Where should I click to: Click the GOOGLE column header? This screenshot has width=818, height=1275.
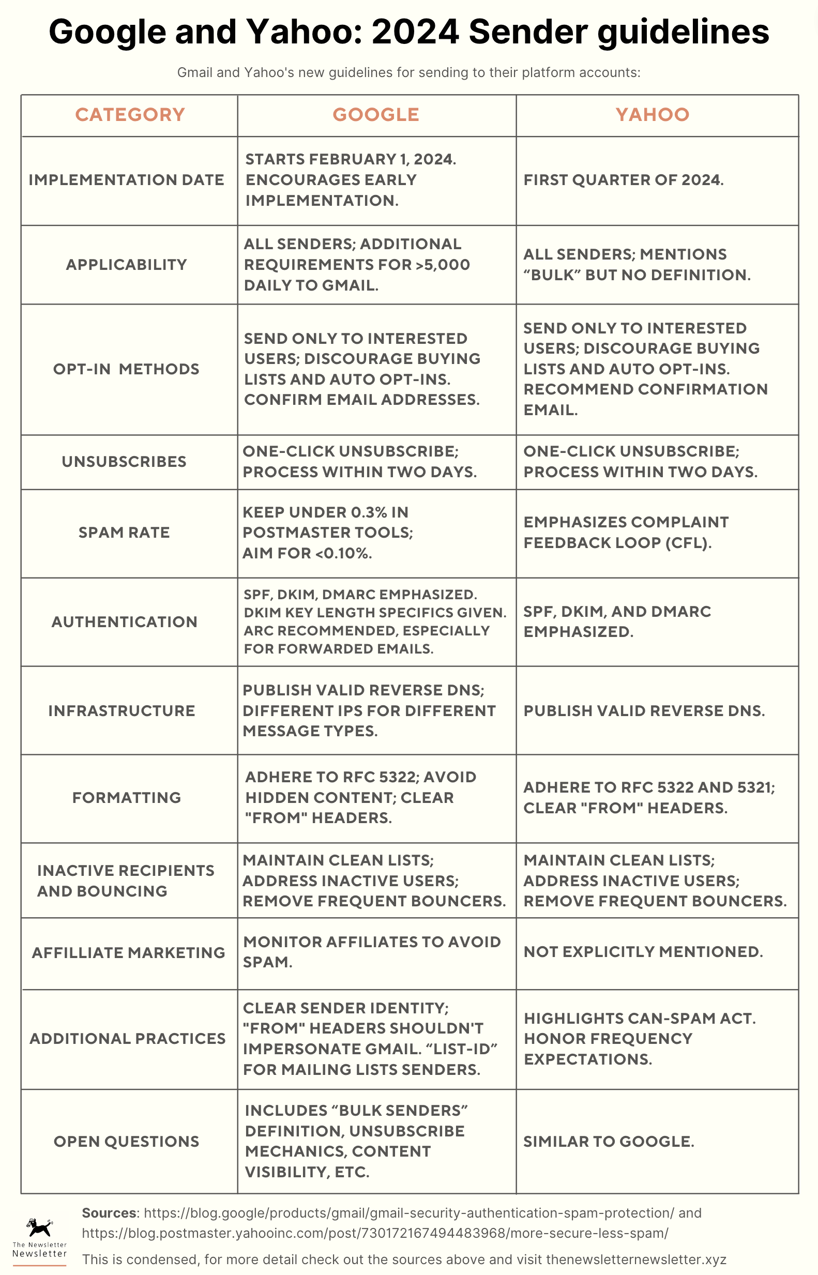(x=375, y=115)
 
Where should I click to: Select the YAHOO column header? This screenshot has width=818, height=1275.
(x=652, y=115)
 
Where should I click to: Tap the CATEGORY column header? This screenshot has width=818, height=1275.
(x=130, y=115)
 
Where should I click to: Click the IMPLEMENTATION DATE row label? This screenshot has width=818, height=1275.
(x=126, y=180)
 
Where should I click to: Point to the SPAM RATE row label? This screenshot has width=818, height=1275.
(x=124, y=533)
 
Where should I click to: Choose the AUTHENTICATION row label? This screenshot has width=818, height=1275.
(x=124, y=622)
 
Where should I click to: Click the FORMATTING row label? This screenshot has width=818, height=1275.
(x=126, y=798)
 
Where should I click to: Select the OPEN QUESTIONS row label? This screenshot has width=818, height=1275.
(x=126, y=1141)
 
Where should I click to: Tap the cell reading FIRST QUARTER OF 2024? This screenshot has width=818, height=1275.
(x=624, y=180)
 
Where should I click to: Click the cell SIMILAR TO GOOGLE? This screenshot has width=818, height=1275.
(x=609, y=1141)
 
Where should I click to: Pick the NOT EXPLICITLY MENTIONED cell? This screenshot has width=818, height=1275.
(x=643, y=952)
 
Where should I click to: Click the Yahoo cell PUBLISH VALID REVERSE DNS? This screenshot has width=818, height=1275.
(x=644, y=710)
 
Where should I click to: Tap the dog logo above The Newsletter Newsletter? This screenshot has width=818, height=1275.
(x=39, y=1227)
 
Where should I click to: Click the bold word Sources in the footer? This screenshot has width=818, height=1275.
(x=110, y=1213)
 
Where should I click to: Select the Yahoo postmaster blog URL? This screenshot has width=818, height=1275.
(x=375, y=1233)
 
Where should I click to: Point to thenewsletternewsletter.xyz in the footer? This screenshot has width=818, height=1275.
(x=636, y=1259)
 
